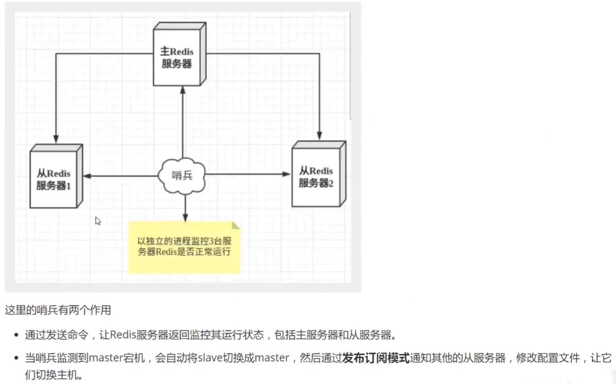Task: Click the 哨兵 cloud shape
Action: pyautogui.click(x=182, y=176)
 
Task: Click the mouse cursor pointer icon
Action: pyautogui.click(x=98, y=220)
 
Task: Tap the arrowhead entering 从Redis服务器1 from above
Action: pyautogui.click(x=55, y=139)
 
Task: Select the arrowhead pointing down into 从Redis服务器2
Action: pyautogui.click(x=319, y=136)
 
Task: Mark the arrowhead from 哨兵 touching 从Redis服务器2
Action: pyautogui.click(x=286, y=175)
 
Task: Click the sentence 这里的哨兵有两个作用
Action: pyautogui.click(x=57, y=310)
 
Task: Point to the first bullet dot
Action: pyautogui.click(x=16, y=336)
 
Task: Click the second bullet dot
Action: pyautogui.click(x=16, y=358)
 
